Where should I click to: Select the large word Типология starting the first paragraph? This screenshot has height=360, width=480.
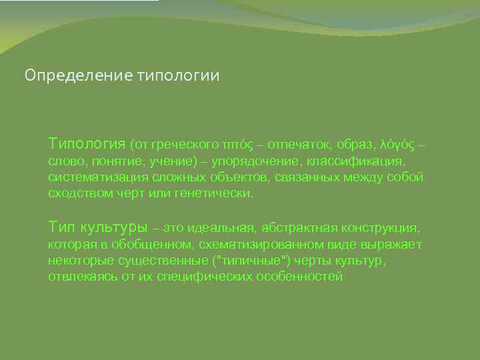[87, 143]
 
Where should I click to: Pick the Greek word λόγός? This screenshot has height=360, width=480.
[398, 144]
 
